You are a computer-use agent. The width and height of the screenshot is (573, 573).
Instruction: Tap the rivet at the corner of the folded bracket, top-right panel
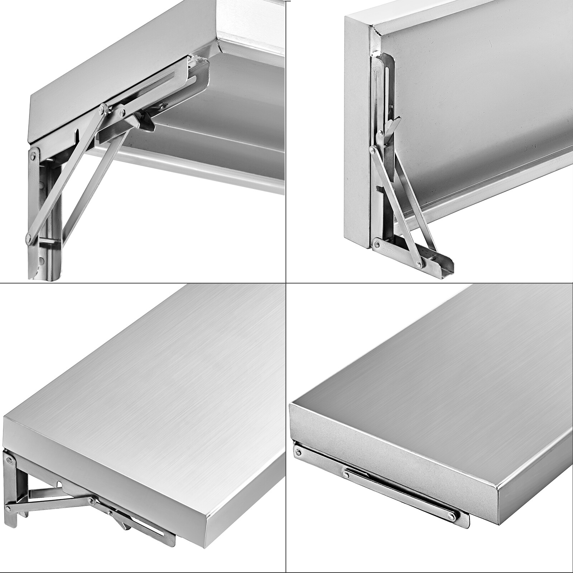377,244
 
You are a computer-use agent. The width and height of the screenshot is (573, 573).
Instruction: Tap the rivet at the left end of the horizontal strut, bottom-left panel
9,508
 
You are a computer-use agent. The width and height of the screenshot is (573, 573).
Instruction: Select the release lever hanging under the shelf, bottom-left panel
124,525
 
